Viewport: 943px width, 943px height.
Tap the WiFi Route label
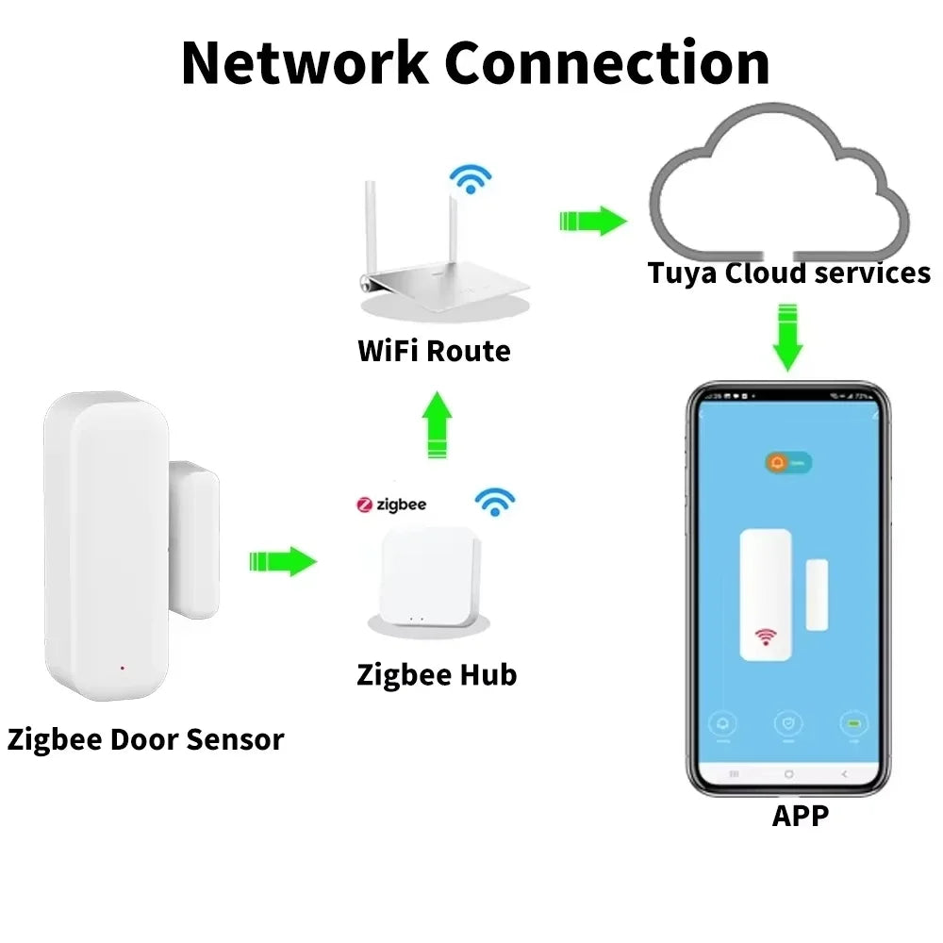tap(434, 352)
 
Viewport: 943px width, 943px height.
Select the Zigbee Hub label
tap(437, 675)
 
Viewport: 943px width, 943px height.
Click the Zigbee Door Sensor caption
tap(145, 739)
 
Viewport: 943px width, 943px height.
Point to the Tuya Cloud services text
tap(788, 273)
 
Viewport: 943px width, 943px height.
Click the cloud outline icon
tap(777, 184)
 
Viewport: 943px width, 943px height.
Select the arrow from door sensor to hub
tap(283, 561)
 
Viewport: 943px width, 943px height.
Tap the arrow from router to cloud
tap(592, 222)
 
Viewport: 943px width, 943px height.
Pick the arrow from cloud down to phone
tap(787, 336)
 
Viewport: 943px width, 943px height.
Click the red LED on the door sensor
tap(123, 669)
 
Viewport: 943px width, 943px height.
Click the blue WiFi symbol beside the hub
tap(493, 502)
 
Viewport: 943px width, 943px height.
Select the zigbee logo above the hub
tap(391, 505)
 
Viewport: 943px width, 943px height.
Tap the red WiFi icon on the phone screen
tap(765, 638)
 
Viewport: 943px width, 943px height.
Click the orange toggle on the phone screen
tap(789, 463)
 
